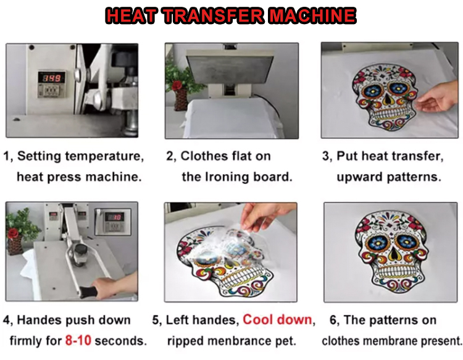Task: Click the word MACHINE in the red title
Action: tap(312, 15)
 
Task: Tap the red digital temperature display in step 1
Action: tap(52, 78)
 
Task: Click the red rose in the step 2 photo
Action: tap(177, 85)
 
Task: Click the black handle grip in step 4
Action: tap(88, 292)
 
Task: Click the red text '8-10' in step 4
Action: tap(78, 340)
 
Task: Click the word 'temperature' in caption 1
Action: tap(104, 156)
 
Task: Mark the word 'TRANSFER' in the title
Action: tap(213, 15)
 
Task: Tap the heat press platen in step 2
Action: tap(230, 66)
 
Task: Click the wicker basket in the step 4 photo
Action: tap(15, 245)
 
